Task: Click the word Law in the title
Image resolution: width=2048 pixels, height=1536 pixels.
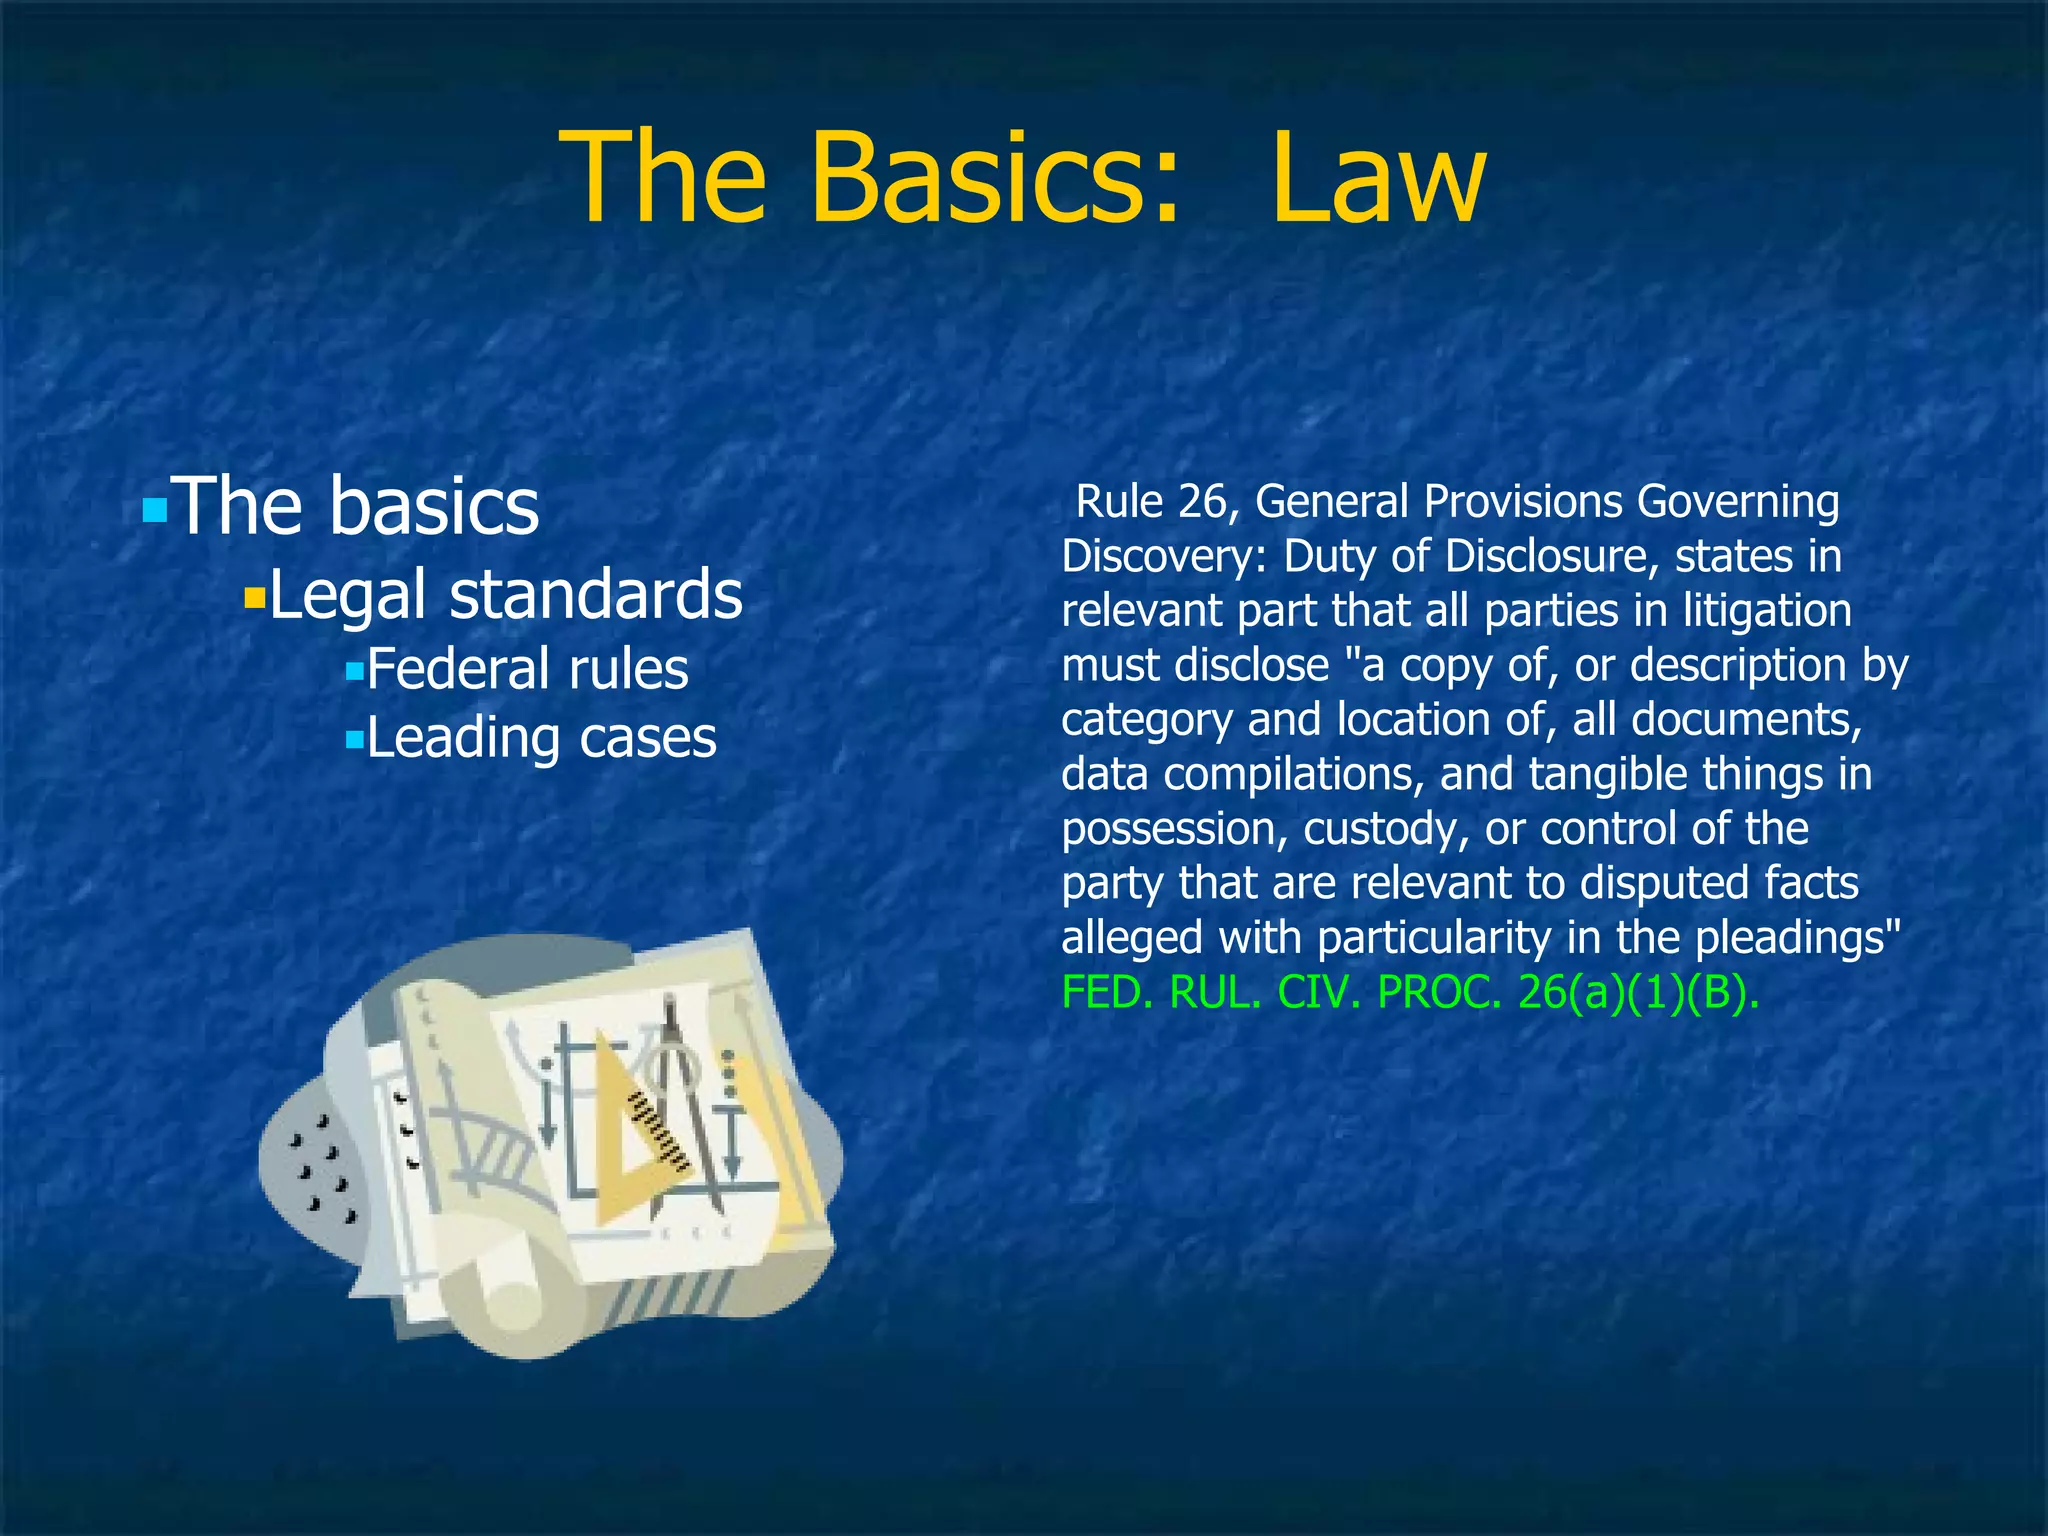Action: click(x=1378, y=178)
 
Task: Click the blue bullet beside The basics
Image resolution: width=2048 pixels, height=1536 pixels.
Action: click(x=154, y=512)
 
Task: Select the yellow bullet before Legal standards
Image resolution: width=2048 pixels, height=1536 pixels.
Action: click(x=255, y=600)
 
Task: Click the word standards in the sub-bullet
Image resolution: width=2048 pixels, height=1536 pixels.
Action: click(x=596, y=594)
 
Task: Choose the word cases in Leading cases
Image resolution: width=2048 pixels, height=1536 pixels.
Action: click(x=648, y=738)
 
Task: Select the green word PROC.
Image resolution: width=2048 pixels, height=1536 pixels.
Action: click(x=1439, y=993)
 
